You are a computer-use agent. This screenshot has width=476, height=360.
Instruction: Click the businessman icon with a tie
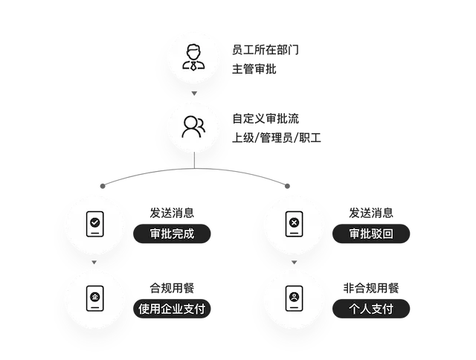pos(193,58)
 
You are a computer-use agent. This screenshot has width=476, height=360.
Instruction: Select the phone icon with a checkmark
pos(94,223)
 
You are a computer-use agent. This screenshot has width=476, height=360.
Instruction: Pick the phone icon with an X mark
pos(294,223)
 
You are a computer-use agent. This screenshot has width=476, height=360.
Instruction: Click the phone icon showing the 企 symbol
pos(94,298)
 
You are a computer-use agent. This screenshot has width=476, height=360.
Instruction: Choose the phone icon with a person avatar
pos(294,298)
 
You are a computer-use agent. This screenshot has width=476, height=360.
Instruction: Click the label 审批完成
pos(172,234)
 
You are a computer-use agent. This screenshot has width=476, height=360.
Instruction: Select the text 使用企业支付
pos(172,309)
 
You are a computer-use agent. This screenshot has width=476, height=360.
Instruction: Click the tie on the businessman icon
pos(193,65)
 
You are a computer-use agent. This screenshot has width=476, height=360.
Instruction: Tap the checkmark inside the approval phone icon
pos(94,222)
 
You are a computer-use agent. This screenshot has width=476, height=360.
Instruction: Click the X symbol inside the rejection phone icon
pos(294,222)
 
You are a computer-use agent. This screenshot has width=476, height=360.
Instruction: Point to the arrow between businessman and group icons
pos(193,92)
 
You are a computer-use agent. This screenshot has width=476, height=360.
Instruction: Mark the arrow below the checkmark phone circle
pos(94,261)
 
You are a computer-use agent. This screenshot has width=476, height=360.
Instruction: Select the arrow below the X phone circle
pos(294,261)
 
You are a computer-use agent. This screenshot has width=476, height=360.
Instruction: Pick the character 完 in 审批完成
pos(178,234)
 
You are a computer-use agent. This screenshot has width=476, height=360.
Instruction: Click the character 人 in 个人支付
pos(365,309)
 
